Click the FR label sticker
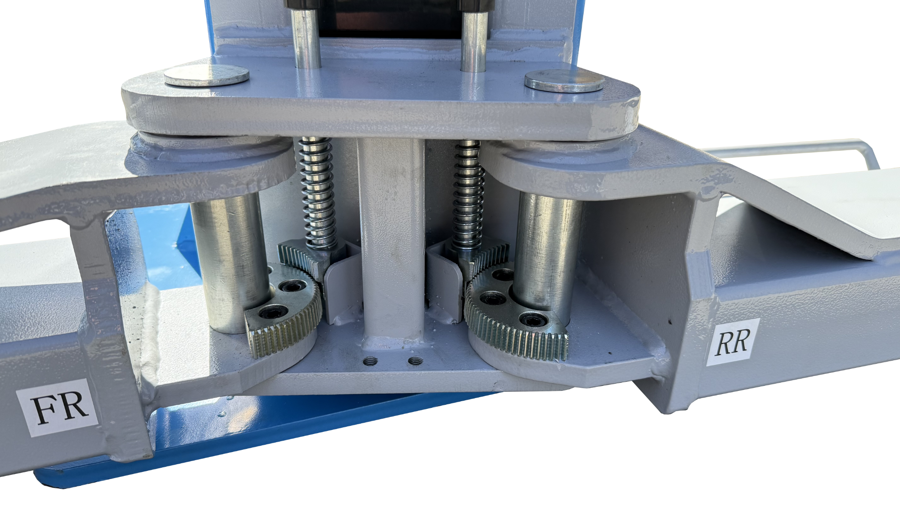click(x=57, y=407)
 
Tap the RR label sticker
click(x=733, y=342)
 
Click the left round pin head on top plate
click(x=207, y=75)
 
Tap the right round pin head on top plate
click(x=565, y=81)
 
